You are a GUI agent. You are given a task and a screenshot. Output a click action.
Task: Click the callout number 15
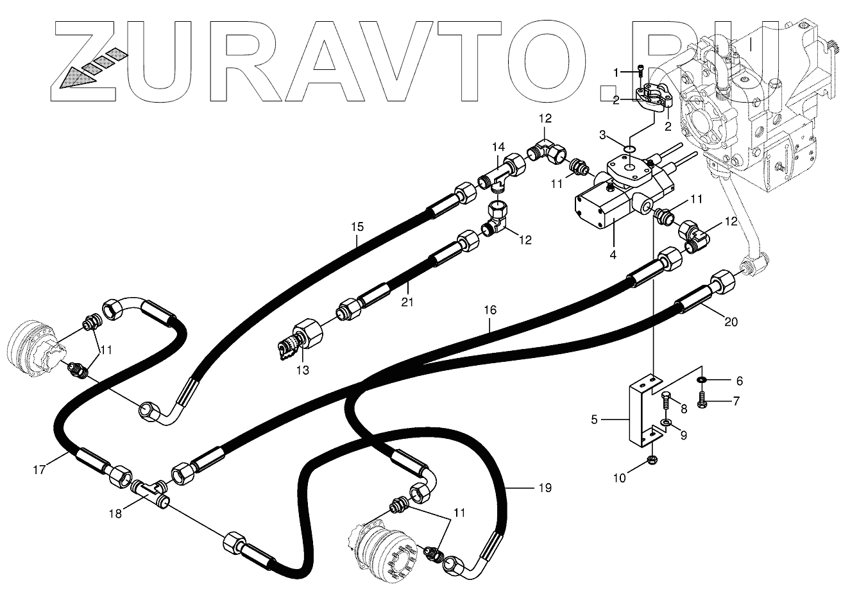(357, 226)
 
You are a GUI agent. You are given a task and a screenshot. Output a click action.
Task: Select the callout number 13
(302, 370)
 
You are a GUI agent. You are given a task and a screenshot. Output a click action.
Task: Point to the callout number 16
(489, 310)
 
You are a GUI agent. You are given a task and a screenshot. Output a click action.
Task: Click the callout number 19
(545, 488)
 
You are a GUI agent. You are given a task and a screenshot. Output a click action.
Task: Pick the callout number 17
(39, 470)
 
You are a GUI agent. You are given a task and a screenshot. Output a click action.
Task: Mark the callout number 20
(731, 322)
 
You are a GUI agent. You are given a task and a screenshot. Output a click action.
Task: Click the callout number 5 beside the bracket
(594, 420)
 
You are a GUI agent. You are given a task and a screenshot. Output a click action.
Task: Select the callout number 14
(499, 146)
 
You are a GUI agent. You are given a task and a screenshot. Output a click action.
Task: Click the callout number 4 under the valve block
(613, 254)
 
